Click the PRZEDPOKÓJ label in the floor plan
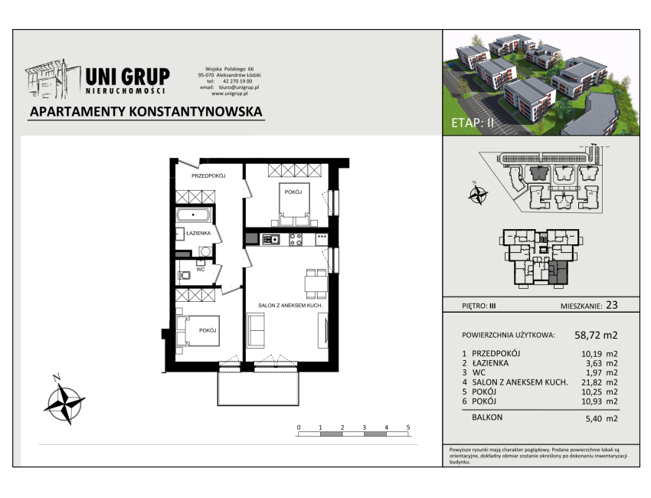coord(208,175)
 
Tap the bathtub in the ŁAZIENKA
coord(194,215)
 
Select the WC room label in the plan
coord(201,269)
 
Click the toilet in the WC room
coord(184,275)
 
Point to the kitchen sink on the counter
coord(270,239)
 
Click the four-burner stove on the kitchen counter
coord(296,239)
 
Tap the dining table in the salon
coord(316,283)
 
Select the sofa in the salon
coord(256,331)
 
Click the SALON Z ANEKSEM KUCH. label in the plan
coord(290,305)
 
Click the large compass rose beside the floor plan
coord(64,401)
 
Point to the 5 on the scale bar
coord(408,428)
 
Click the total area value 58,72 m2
coord(596,335)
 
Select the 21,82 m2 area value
coord(599,382)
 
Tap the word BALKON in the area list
coord(487,417)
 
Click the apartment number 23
coord(612,305)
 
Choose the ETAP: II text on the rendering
coord(473,123)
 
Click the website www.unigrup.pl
coord(230,93)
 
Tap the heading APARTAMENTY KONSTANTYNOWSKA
coord(146,111)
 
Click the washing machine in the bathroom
coord(205,251)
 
